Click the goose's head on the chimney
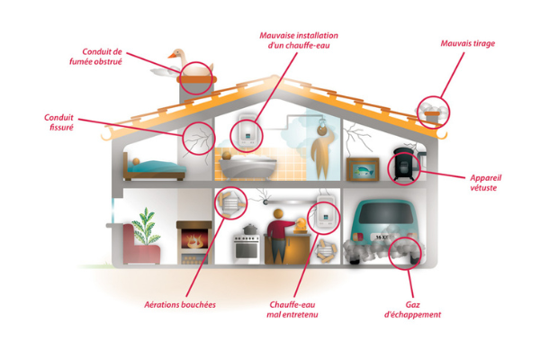click(x=176, y=54)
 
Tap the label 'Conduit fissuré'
click(x=58, y=122)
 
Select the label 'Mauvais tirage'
click(x=468, y=43)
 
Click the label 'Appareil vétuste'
click(x=486, y=183)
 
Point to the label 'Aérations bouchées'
click(x=180, y=305)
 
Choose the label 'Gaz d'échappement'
click(x=412, y=310)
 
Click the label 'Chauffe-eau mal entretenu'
click(x=292, y=310)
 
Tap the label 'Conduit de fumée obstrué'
click(x=95, y=57)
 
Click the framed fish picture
click(x=363, y=169)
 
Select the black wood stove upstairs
click(x=404, y=165)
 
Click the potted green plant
click(x=146, y=226)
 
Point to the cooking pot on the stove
click(x=250, y=229)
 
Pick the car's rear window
click(x=386, y=213)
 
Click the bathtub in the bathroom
click(x=247, y=167)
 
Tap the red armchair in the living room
click(x=140, y=245)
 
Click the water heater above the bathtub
click(x=247, y=131)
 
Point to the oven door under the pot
click(x=247, y=251)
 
